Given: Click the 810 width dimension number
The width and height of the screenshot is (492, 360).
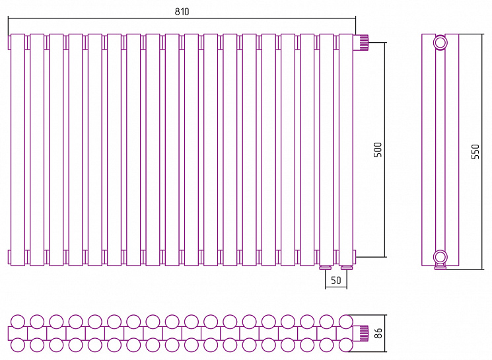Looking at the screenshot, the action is pyautogui.click(x=182, y=12).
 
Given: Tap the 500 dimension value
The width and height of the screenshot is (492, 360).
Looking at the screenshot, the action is pyautogui.click(x=378, y=150).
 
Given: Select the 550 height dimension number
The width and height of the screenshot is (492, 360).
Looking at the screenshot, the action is pyautogui.click(x=475, y=151).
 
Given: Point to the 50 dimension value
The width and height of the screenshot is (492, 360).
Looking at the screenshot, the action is pyautogui.click(x=335, y=280).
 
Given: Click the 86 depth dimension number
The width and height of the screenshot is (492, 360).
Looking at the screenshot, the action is pyautogui.click(x=378, y=333).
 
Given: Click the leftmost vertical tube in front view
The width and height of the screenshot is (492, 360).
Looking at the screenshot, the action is pyautogui.click(x=18, y=150).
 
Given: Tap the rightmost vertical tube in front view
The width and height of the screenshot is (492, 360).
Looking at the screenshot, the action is pyautogui.click(x=346, y=150).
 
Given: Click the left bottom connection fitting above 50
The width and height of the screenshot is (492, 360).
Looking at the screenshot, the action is pyautogui.click(x=326, y=268).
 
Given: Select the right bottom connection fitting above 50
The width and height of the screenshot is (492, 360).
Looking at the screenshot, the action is pyautogui.click(x=347, y=268).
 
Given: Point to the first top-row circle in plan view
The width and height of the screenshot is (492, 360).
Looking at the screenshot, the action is pyautogui.click(x=18, y=322).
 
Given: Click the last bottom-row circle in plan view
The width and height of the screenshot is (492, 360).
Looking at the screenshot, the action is pyautogui.click(x=346, y=345).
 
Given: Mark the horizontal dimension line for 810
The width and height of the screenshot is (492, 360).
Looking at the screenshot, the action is pyautogui.click(x=182, y=18).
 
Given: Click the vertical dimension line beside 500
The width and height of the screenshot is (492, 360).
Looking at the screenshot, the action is pyautogui.click(x=385, y=150).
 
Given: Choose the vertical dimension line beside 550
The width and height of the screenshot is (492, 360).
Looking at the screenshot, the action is pyautogui.click(x=482, y=151).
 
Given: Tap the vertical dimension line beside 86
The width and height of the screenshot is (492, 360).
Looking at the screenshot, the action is pyautogui.click(x=385, y=334).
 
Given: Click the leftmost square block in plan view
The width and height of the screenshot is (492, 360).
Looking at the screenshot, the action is pyautogui.click(x=18, y=334).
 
